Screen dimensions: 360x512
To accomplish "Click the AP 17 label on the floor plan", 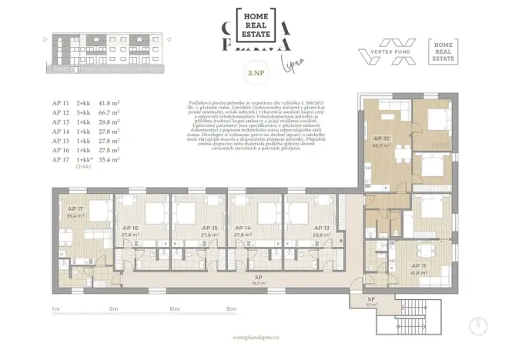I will coord(75,208).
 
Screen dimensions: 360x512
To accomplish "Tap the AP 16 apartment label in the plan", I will coord(129,228).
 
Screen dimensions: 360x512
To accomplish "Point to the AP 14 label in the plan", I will coord(243,228).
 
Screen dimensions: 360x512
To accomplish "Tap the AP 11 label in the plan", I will coord(420,266).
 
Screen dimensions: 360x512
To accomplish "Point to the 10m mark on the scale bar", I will coord(173,308).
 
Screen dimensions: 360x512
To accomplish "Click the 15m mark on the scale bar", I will coord(232,308).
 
